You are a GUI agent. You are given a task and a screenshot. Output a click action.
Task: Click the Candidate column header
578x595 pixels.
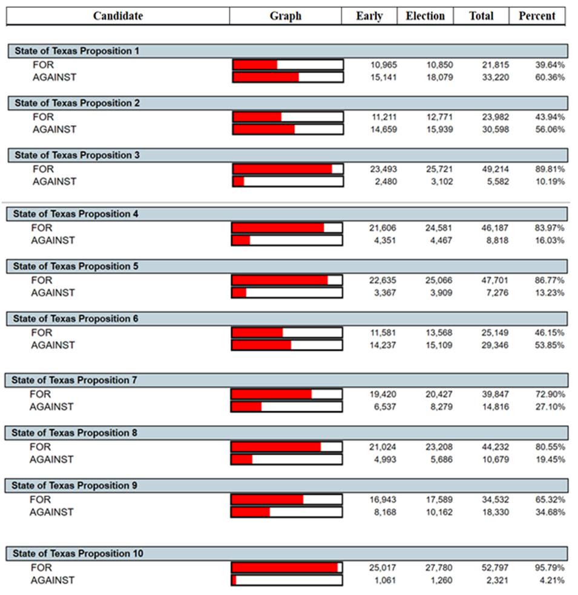118,16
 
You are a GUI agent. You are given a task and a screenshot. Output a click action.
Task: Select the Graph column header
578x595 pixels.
286,16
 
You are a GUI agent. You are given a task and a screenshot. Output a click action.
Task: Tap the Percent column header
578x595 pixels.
537,16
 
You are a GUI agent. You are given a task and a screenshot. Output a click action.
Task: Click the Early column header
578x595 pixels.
369,16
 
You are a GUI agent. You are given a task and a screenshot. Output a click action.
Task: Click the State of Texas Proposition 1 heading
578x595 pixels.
77,51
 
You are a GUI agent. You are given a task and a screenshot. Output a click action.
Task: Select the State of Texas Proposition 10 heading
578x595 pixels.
78,553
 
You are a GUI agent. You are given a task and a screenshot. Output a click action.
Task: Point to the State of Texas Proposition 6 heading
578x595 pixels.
76,319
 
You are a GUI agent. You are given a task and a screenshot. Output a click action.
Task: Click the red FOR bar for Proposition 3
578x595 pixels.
283,169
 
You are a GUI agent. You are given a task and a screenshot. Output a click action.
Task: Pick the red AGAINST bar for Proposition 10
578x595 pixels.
234,580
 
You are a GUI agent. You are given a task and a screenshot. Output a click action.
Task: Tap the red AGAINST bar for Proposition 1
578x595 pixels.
266,77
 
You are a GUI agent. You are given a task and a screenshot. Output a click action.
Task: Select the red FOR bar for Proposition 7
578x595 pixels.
272,394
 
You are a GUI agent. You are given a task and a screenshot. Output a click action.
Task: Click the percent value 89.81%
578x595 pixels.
550,169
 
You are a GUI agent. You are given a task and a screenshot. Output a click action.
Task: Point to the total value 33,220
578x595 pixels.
496,77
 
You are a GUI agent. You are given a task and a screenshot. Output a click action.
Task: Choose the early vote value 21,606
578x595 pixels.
383,228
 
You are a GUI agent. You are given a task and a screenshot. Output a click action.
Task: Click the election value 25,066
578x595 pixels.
439,280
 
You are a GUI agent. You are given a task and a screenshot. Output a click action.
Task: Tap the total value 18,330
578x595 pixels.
495,512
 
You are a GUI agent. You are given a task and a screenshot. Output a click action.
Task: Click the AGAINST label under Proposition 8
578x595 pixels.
51,459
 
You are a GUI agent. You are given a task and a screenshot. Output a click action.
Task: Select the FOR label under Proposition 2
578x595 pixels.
43,117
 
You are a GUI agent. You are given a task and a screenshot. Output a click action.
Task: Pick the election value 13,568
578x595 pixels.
439,333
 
